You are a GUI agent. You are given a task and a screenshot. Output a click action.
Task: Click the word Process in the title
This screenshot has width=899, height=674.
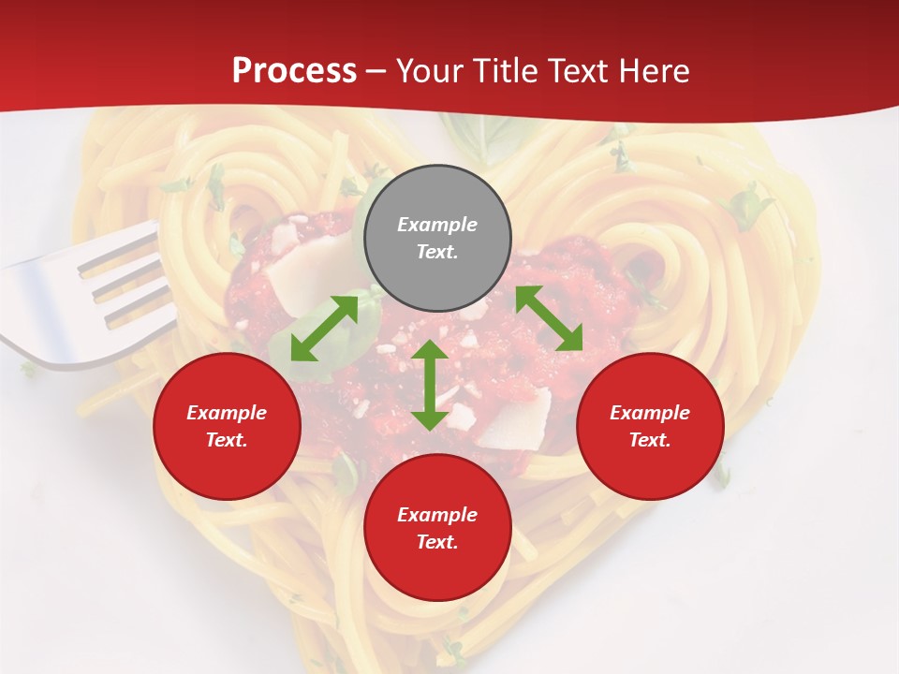pos(294,70)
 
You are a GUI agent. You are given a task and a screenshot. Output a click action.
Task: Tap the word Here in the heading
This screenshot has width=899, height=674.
pos(653,70)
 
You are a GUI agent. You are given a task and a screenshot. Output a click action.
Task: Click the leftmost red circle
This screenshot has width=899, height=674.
pos(227,426)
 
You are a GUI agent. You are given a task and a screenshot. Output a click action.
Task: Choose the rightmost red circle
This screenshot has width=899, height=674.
pos(650,426)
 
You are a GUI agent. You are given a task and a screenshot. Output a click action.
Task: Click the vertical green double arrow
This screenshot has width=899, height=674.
pos(430,385)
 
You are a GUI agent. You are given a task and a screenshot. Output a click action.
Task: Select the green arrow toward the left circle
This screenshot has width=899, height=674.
pos(324,329)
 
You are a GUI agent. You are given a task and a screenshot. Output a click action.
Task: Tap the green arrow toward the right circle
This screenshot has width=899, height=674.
pos(549,319)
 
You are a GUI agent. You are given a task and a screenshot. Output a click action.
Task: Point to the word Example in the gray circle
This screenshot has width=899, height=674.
pos(437,225)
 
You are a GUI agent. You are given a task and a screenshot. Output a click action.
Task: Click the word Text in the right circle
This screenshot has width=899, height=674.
pos(650,440)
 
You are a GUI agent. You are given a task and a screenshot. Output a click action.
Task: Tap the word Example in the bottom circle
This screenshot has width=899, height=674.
pos(437,515)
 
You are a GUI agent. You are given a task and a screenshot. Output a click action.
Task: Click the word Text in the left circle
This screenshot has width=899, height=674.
pos(227,440)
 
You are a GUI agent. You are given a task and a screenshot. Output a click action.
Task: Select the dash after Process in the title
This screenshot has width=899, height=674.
pos(376,71)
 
